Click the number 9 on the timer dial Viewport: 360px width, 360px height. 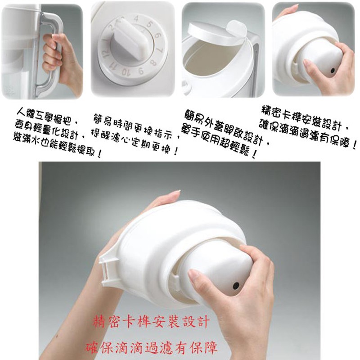(x=141, y=71)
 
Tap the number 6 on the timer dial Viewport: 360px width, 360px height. (x=158, y=36)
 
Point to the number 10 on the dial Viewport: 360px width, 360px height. (x=126, y=72)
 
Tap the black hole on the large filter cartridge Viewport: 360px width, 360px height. (x=236, y=286)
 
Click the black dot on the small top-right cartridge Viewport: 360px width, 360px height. (x=333, y=71)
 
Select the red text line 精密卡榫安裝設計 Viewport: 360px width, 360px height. (x=151, y=321)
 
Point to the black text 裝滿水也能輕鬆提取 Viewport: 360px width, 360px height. (x=58, y=144)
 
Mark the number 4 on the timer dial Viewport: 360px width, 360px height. (x=136, y=19)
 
